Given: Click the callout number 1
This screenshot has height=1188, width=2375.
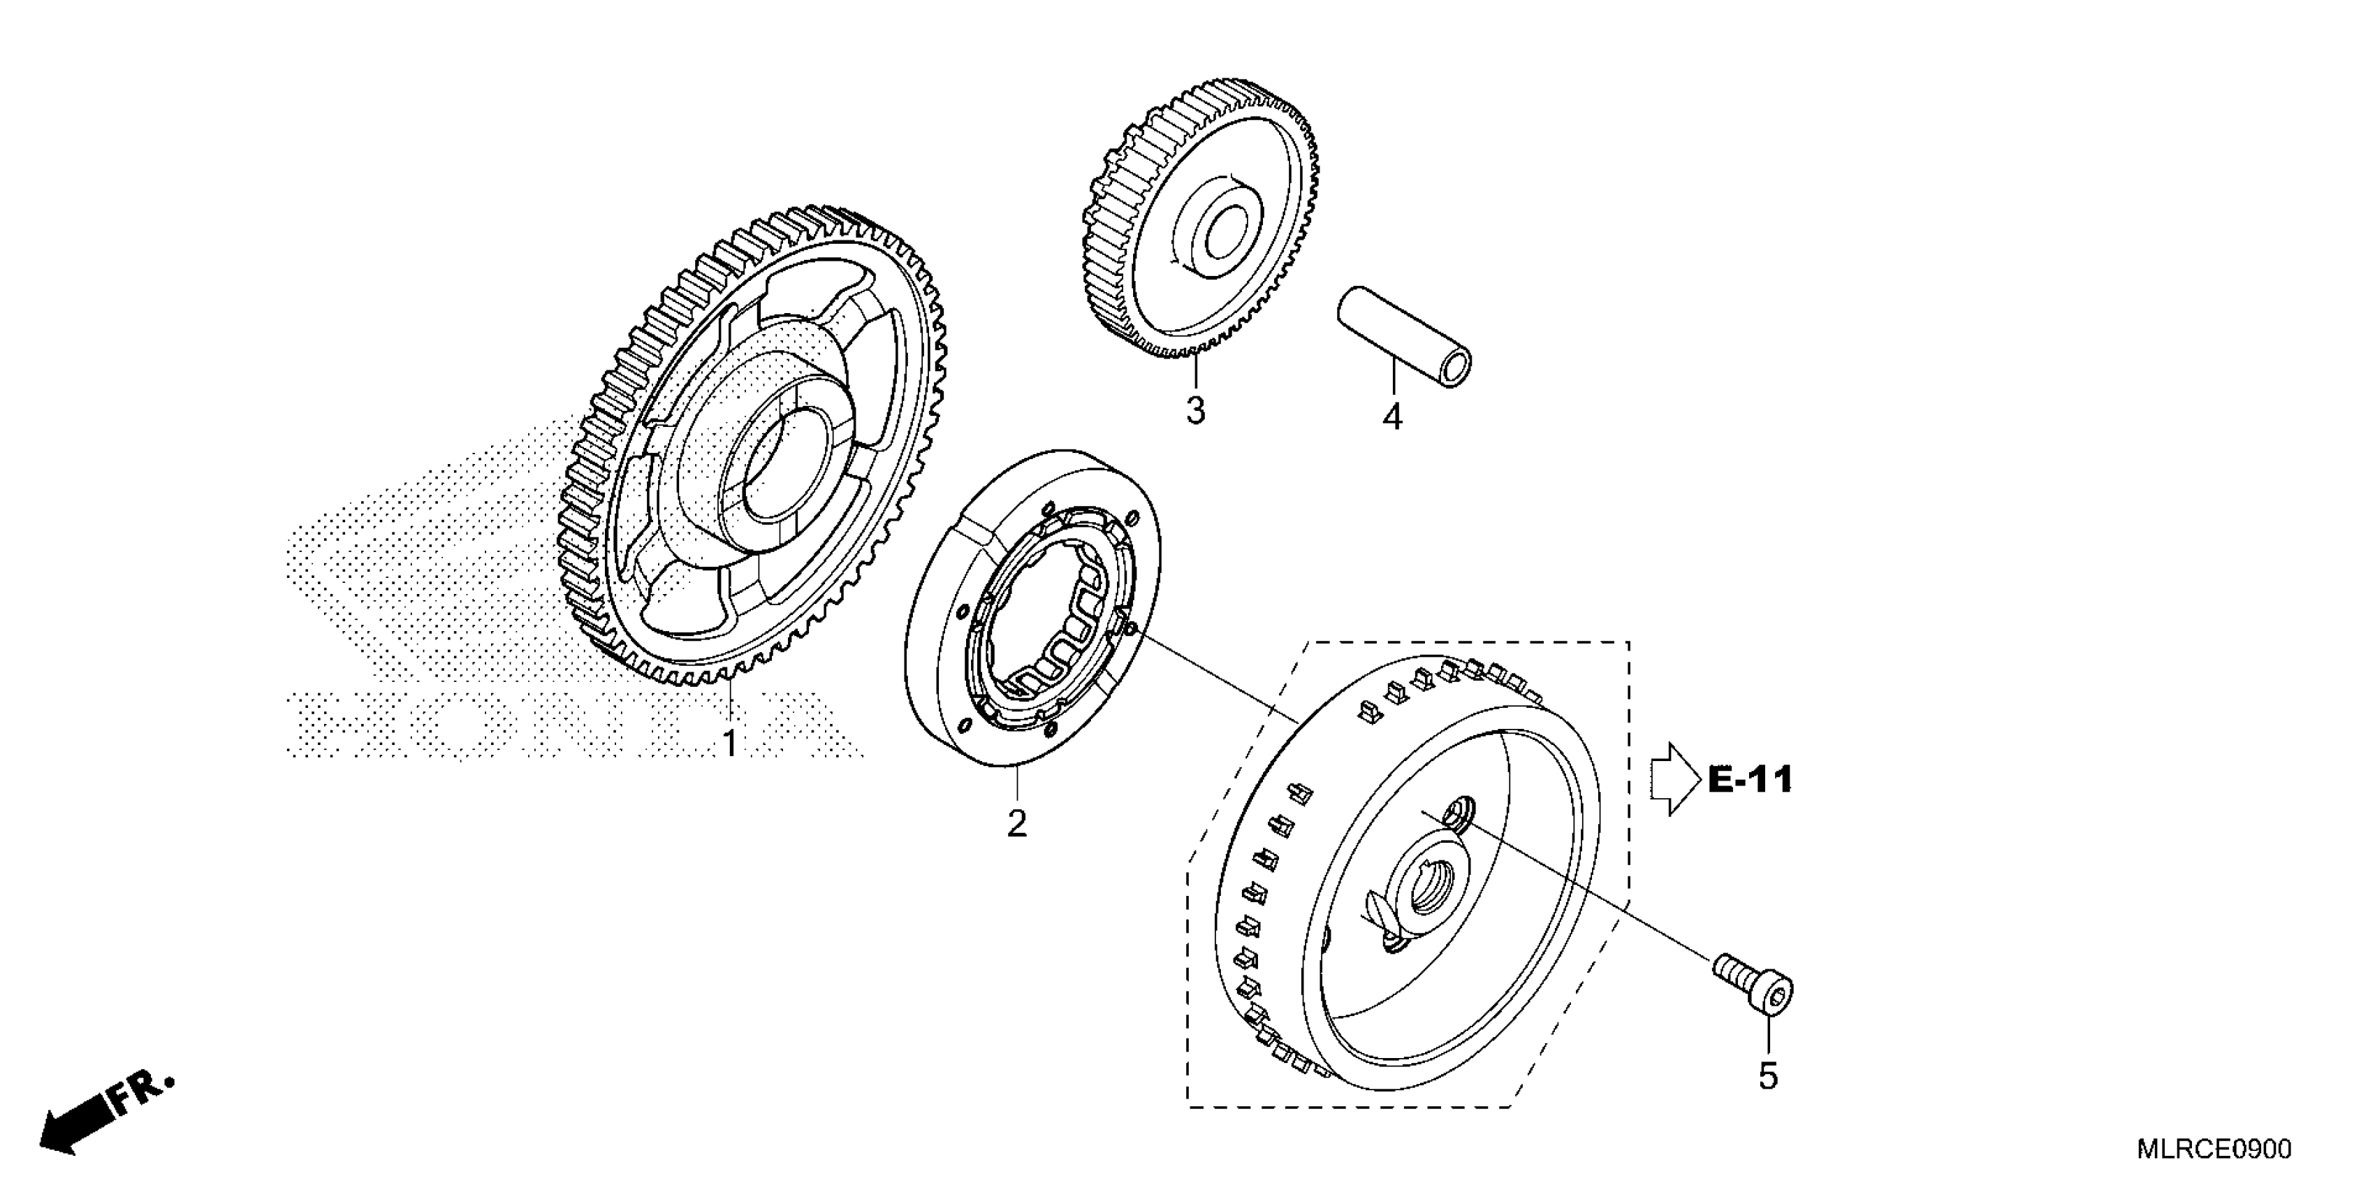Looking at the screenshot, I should pyautogui.click(x=729, y=742).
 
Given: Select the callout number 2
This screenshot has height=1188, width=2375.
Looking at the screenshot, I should pyautogui.click(x=1016, y=823).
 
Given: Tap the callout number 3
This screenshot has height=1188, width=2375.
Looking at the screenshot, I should pyautogui.click(x=1195, y=410).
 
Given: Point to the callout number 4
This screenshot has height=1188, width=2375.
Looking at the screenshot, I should pyautogui.click(x=1392, y=417).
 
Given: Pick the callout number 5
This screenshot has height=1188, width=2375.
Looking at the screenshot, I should pyautogui.click(x=1767, y=1075).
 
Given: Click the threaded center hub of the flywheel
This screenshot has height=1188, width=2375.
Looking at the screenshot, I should pyautogui.click(x=1423, y=890).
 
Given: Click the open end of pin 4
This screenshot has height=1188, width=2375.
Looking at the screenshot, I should pyautogui.click(x=1456, y=368).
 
